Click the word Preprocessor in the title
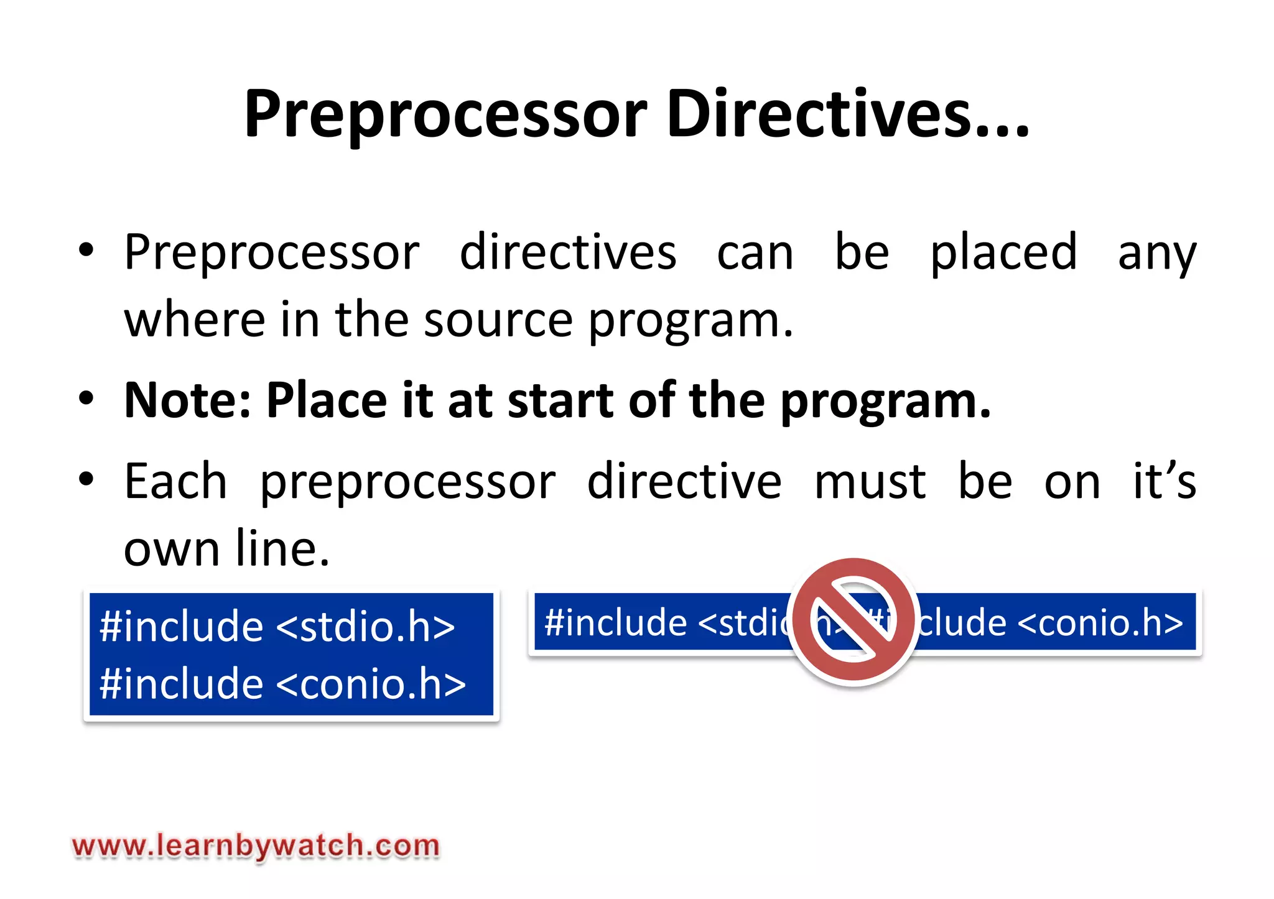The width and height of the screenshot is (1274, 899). pos(445,115)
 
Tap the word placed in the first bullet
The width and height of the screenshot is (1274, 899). pos(1003,252)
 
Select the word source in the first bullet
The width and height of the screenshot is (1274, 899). pos(498,320)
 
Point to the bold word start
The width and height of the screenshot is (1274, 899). pos(560,401)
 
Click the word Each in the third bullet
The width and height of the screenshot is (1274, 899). pos(175,482)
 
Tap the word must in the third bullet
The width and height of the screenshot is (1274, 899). pos(870,482)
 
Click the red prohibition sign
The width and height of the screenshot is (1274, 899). pos(853,620)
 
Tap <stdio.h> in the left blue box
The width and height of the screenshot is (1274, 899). pos(365,626)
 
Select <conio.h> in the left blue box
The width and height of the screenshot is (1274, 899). pos(371,684)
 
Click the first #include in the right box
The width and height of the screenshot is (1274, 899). pos(615,623)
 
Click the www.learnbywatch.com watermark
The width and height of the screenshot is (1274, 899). pos(256,846)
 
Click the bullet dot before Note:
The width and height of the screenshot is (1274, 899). pos(86,398)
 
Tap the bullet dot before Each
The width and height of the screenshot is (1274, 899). pos(86,479)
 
